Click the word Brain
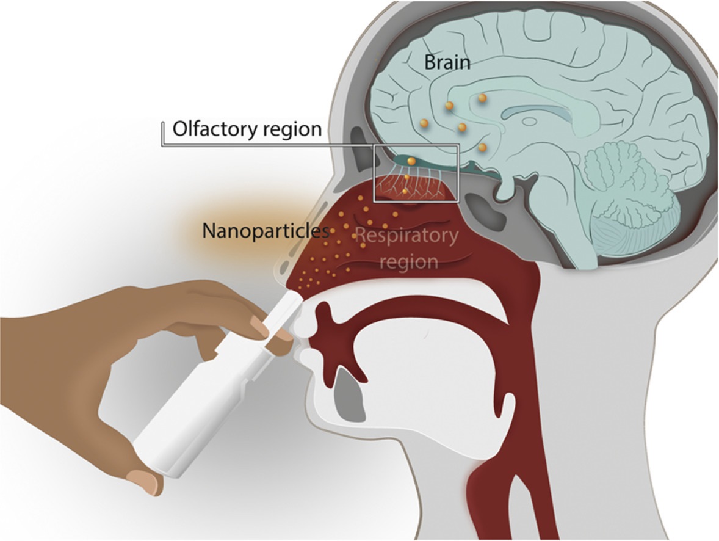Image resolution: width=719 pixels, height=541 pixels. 447,62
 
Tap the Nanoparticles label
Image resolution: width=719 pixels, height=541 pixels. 266,231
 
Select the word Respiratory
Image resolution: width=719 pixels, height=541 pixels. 406,236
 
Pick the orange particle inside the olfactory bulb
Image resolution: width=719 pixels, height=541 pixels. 412,161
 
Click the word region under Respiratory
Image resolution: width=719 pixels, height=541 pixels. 408,262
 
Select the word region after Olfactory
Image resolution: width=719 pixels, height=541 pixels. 295,129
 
